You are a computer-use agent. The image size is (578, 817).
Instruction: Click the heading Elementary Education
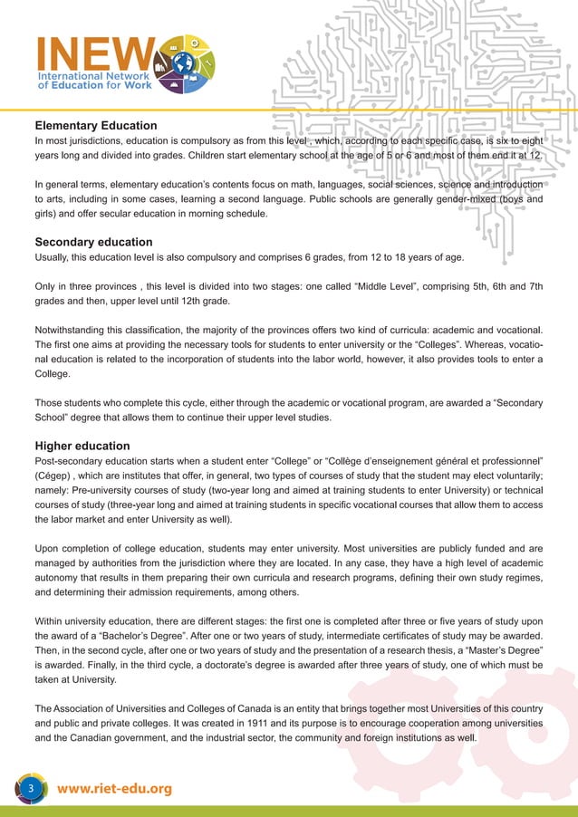[x=96, y=126]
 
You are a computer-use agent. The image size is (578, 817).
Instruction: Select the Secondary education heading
[x=93, y=243]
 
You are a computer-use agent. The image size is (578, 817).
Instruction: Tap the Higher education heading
[x=82, y=446]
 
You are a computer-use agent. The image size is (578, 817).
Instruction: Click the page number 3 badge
[x=30, y=789]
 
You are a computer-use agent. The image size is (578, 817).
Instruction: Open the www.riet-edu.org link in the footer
[x=114, y=790]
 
